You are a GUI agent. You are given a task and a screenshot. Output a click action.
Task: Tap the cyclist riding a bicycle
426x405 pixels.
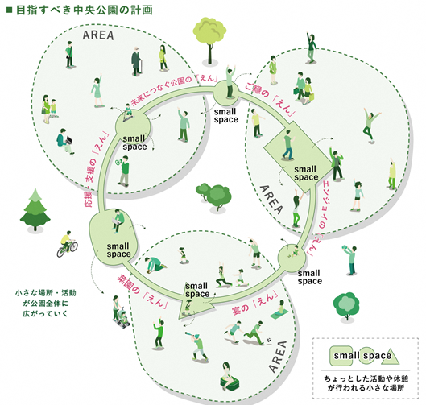[68, 244]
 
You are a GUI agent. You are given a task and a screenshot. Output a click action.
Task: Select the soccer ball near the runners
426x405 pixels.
[270, 339]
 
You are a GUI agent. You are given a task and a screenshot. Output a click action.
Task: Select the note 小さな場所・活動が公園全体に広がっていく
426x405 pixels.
[46, 302]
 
